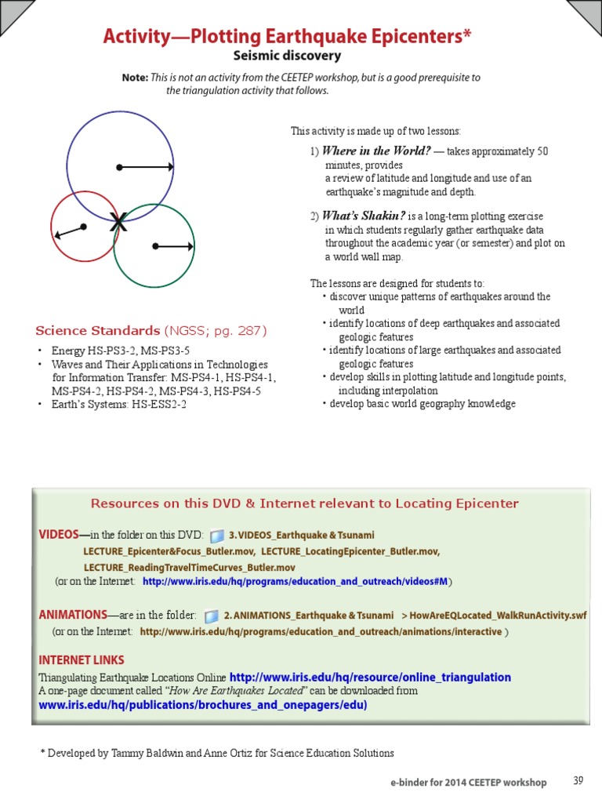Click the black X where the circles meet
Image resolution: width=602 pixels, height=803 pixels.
point(118,223)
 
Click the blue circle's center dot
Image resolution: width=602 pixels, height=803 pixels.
point(118,167)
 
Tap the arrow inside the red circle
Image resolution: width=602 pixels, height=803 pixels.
point(69,232)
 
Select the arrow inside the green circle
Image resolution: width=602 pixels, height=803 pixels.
point(174,247)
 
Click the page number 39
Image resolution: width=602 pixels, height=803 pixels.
point(578,780)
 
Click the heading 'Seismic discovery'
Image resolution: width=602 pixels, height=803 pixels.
point(287,56)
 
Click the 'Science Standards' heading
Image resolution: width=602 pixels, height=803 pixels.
point(98,330)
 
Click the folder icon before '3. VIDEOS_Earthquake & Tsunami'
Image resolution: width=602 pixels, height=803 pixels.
point(217,536)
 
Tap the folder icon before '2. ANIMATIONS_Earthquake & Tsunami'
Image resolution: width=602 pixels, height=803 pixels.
point(211,616)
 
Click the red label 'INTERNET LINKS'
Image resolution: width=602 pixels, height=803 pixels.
point(82,659)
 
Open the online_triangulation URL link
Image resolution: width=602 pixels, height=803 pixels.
point(370,677)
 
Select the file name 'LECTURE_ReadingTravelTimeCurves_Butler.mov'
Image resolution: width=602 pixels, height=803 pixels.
point(189,567)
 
